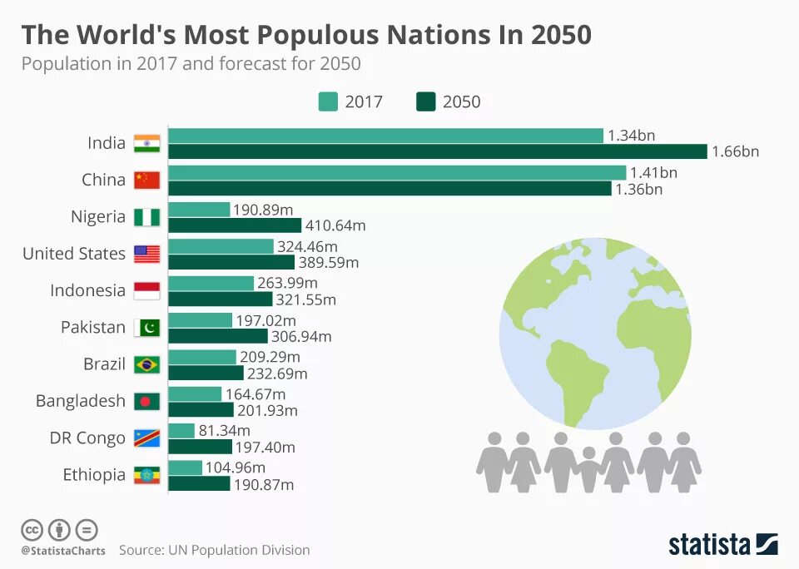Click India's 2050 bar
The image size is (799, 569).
(437, 151)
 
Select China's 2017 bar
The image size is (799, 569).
(397, 172)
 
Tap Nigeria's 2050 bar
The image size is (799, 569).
(235, 225)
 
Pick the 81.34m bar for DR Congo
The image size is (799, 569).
(181, 430)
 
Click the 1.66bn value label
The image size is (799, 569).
(736, 151)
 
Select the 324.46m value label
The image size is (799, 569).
(308, 246)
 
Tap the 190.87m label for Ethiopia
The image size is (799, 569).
(264, 484)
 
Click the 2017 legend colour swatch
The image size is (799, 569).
(328, 101)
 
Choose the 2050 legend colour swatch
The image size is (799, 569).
(425, 101)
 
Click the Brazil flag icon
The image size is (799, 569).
(146, 364)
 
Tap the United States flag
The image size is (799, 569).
(146, 254)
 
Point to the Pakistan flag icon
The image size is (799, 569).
(146, 328)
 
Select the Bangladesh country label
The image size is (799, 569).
(80, 401)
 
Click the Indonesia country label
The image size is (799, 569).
(87, 290)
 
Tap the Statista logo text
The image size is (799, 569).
(710, 545)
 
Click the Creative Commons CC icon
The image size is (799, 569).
(32, 529)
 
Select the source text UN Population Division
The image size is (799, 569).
(240, 550)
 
